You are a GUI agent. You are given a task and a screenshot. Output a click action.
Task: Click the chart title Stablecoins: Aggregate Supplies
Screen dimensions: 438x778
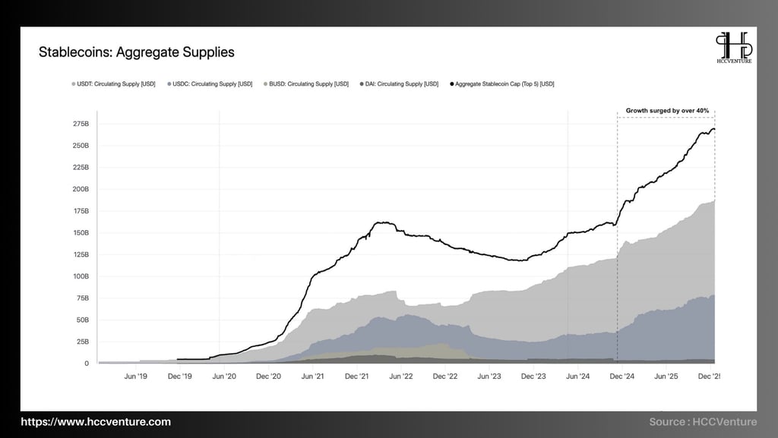tap(137, 52)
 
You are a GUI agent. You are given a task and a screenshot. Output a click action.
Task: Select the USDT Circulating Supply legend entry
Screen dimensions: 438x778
tap(113, 84)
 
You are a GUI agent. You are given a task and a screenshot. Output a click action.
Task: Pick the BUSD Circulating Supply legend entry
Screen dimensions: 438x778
tap(306, 84)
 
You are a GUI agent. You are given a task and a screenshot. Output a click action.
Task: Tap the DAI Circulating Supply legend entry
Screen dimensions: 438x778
tap(400, 84)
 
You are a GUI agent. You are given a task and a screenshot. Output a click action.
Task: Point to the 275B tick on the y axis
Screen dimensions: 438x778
tap(81, 123)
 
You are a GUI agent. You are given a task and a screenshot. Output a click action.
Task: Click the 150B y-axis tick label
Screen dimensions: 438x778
tap(81, 232)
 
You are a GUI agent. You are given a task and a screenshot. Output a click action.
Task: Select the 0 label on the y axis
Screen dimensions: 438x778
tap(87, 364)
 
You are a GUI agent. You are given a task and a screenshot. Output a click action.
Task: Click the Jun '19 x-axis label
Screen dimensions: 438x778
tap(136, 376)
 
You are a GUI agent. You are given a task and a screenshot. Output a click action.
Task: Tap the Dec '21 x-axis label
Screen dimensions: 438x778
tap(357, 376)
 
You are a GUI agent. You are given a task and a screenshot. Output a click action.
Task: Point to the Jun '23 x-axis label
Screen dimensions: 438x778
tap(490, 376)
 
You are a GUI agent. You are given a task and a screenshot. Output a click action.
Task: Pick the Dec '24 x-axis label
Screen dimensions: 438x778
tap(623, 376)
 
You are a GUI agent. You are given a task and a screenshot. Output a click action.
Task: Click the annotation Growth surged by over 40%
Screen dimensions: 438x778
tap(667, 111)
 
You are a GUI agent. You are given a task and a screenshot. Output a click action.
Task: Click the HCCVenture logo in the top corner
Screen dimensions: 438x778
tap(732, 48)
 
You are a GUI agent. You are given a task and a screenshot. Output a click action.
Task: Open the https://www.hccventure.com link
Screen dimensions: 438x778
tap(96, 422)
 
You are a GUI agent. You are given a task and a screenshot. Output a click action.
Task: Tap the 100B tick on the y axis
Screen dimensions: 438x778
tap(81, 276)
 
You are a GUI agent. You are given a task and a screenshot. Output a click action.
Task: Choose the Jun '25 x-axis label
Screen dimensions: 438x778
tap(667, 376)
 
